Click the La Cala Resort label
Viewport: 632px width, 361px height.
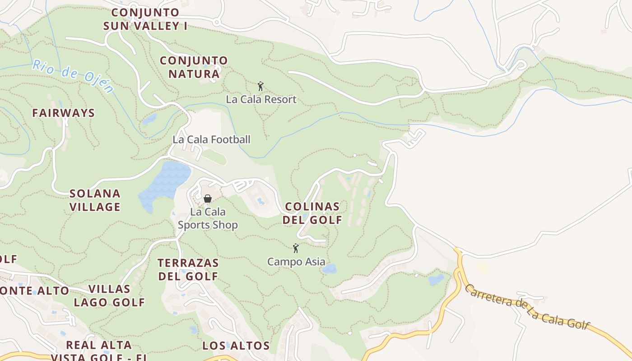click(261, 99)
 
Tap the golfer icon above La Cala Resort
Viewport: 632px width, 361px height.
click(260, 86)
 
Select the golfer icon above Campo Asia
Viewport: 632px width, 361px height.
click(296, 248)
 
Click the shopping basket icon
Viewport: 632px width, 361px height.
click(208, 198)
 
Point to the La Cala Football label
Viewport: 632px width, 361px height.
click(211, 139)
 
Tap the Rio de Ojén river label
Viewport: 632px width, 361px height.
click(72, 76)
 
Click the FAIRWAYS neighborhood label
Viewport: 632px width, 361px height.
click(63, 113)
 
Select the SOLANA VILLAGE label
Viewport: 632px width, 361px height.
click(95, 200)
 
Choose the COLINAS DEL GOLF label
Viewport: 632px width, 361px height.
click(312, 213)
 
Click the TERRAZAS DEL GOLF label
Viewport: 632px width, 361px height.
click(188, 269)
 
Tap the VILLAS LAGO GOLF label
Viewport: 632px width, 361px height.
click(109, 296)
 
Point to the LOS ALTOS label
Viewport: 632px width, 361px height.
click(236, 346)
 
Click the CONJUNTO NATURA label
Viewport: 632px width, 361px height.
click(194, 67)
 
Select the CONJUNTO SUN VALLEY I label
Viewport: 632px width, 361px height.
click(145, 19)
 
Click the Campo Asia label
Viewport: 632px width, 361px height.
click(296, 262)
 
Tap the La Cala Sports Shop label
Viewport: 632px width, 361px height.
click(208, 218)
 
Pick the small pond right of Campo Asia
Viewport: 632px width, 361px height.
click(330, 269)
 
